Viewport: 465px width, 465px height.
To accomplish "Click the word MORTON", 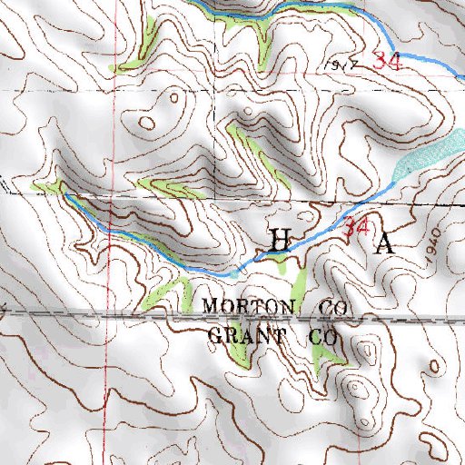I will (247, 306).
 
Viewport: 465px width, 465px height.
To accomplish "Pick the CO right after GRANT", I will (324, 336).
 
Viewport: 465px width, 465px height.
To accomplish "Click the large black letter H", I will (282, 240).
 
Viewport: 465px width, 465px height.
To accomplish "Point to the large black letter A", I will (386, 243).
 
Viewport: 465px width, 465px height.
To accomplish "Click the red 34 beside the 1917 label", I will (387, 62).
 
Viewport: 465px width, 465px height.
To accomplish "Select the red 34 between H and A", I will (356, 229).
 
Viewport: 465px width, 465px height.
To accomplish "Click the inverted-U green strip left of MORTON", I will (169, 291).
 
